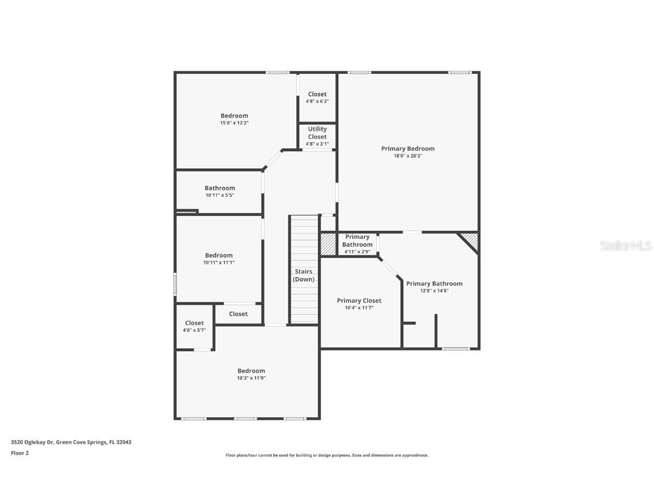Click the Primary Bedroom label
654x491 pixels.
pos(408,149)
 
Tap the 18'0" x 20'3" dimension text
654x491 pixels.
pos(408,156)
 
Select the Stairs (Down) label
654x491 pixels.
pos(304,276)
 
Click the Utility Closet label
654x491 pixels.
pos(317,132)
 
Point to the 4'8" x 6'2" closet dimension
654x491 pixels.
pos(317,101)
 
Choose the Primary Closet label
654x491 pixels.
pos(359,301)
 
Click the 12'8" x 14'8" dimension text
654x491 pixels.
pos(434,290)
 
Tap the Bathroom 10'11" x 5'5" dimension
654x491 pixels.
pos(220,195)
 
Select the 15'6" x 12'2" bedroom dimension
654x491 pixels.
pos(234,123)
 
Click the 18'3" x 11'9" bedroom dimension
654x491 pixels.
pos(251,378)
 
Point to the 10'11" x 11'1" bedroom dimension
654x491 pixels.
pos(219,263)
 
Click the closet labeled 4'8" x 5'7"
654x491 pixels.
pos(194,326)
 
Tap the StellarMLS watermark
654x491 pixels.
pos(626,246)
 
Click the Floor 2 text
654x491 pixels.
pos(20,453)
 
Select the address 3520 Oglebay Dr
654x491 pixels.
pos(71,442)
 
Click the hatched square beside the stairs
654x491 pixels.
pos(328,244)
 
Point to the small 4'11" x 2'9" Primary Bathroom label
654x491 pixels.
pos(357,244)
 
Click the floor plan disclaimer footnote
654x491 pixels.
pos(327,455)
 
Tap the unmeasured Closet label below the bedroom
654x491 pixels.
pos(238,314)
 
